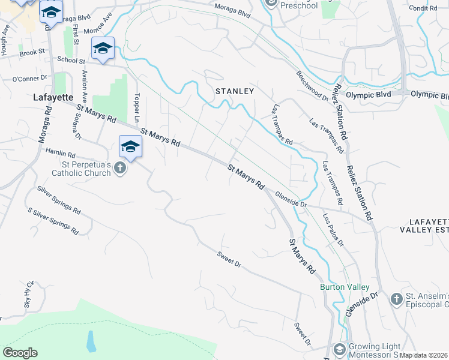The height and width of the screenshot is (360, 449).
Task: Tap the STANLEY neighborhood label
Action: click(235, 91)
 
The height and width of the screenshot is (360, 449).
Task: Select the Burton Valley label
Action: click(340, 287)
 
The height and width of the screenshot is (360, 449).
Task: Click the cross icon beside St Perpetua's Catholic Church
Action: click(120, 168)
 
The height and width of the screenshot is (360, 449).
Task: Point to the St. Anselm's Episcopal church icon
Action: click(396, 299)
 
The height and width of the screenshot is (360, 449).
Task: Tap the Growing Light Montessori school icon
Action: click(339, 349)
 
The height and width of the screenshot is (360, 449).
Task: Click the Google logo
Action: click(20, 353)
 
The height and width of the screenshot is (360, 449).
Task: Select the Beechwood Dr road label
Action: click(312, 86)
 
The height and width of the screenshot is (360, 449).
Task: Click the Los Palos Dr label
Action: click(333, 230)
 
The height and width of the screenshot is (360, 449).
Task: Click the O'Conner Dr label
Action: click(29, 79)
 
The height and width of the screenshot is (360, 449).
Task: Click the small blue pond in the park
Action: click(90, 341)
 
